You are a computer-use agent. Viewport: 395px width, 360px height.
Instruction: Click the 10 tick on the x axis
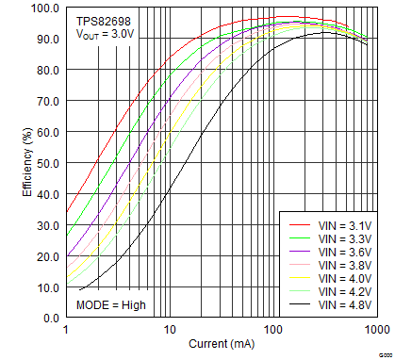[170, 330]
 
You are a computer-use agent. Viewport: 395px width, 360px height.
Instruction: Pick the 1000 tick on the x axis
[375, 330]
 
